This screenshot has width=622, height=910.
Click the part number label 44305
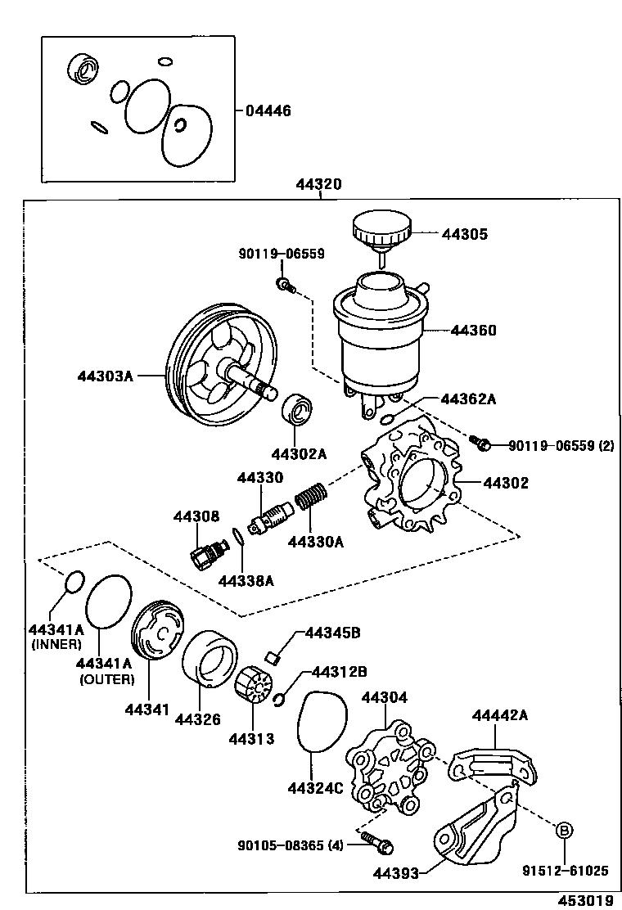[x=464, y=234]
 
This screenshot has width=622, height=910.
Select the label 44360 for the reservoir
[x=473, y=331]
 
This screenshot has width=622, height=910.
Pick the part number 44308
[x=196, y=516]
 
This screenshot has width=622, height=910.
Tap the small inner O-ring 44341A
[x=74, y=582]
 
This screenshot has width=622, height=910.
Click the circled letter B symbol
[x=564, y=831]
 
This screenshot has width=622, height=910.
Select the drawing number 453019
[x=585, y=900]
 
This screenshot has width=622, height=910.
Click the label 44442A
[x=499, y=716]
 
